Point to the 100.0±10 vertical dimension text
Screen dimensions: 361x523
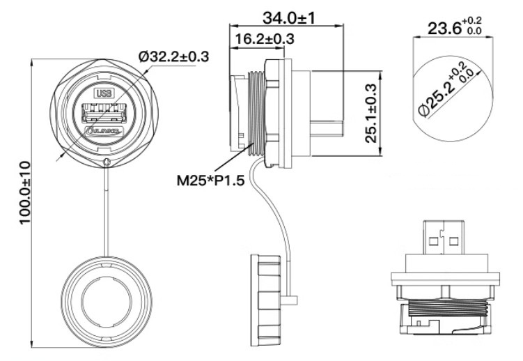pyautogui.click(x=24, y=203)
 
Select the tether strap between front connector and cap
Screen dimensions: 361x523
pyautogui.click(x=106, y=209)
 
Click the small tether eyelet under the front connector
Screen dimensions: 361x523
pyautogui.click(x=106, y=163)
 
